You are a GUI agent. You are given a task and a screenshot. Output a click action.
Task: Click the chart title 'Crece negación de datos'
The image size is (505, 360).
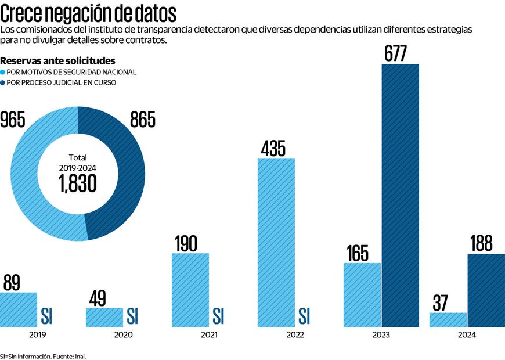click(x=89, y=13)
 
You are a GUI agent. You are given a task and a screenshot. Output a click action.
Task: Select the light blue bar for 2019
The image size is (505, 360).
click(x=19, y=309)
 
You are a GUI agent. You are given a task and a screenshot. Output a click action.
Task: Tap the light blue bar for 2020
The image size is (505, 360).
click(x=104, y=317)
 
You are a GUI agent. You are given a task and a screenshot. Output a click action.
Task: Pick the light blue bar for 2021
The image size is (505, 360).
click(x=190, y=290)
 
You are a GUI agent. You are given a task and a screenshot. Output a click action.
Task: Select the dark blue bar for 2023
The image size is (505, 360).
click(x=400, y=195)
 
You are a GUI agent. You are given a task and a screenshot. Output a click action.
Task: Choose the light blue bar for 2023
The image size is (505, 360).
click(x=362, y=294)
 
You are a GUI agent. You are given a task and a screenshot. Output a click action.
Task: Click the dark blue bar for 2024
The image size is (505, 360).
click(x=486, y=290)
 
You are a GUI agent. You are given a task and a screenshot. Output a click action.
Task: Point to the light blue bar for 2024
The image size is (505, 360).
click(x=448, y=319)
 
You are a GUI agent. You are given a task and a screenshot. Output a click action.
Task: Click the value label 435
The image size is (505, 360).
click(x=273, y=148)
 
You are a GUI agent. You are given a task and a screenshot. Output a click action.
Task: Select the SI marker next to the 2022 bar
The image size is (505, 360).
click(x=304, y=316)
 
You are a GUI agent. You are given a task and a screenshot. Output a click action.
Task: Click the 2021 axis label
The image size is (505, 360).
click(x=210, y=335)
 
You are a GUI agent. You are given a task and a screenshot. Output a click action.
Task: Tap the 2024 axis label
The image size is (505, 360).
click(x=467, y=335)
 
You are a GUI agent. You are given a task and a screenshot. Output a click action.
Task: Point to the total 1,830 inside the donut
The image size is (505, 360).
click(x=77, y=183)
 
